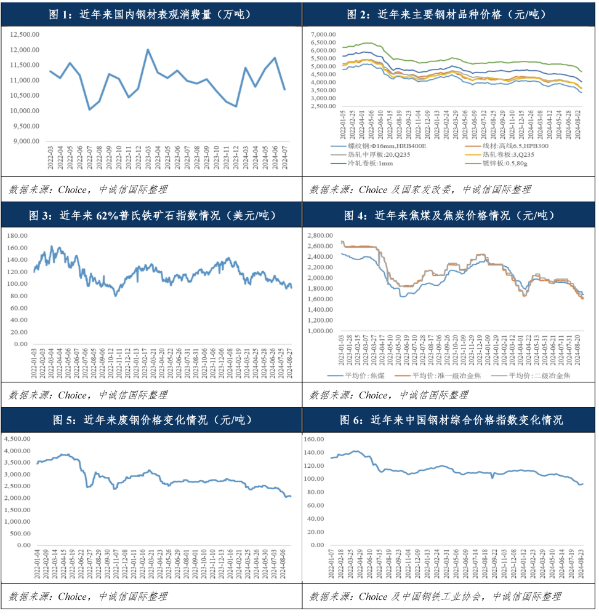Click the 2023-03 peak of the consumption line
148,50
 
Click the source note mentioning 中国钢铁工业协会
435,596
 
